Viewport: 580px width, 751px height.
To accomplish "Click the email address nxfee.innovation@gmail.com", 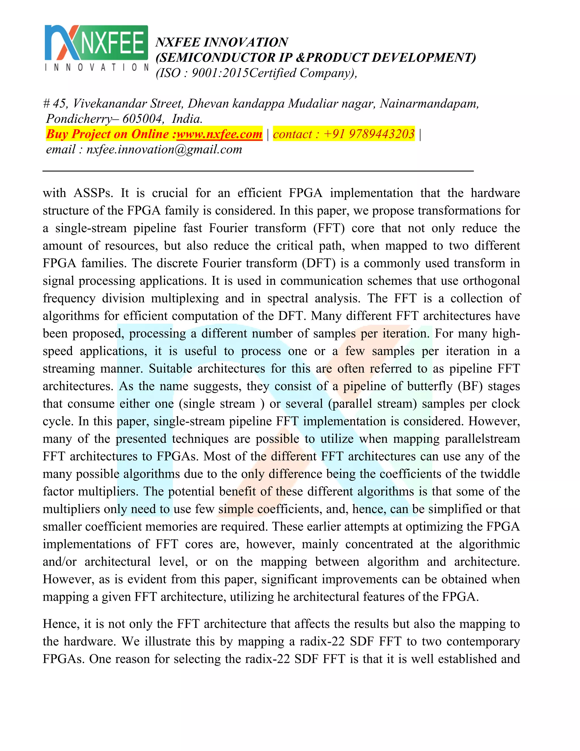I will (164, 149).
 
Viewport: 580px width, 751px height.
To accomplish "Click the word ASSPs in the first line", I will (93, 193).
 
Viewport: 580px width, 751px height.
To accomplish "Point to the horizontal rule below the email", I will (258, 171).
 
